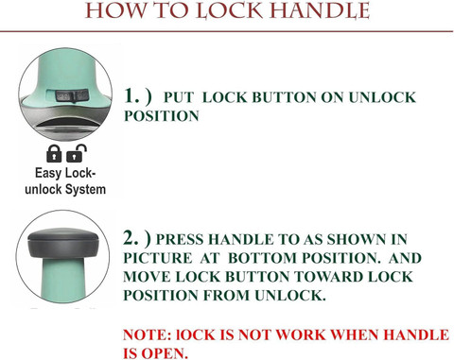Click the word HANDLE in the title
click(x=320, y=11)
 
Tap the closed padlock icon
click(x=54, y=153)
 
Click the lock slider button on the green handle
click(x=72, y=95)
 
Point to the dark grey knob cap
click(x=63, y=243)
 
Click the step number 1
click(x=131, y=95)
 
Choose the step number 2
click(x=131, y=238)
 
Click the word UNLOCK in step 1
click(x=382, y=97)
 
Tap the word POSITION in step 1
click(x=162, y=116)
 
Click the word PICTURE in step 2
click(x=157, y=258)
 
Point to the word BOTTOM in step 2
click(x=262, y=258)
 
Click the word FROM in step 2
click(x=226, y=296)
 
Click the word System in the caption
click(x=85, y=190)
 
